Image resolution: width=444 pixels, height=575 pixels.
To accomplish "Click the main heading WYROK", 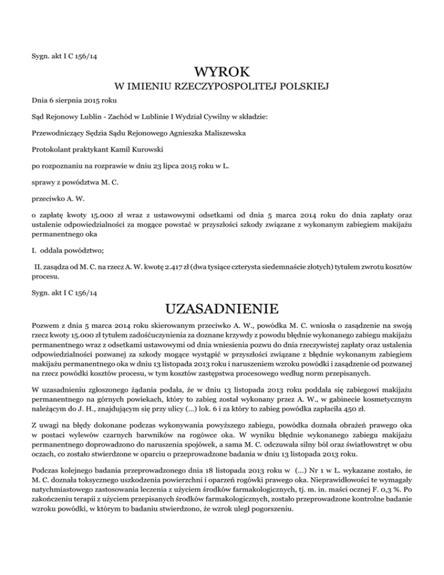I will tap(221, 73).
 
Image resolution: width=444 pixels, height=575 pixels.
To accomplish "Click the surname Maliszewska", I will tap(202, 133).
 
